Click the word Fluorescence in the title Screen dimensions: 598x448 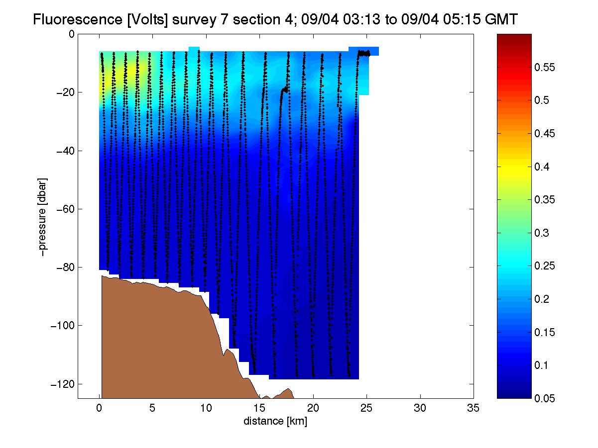(78, 19)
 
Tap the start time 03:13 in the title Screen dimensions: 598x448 (361, 19)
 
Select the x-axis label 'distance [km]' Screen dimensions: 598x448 (275, 421)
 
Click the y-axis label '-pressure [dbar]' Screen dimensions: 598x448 (42, 217)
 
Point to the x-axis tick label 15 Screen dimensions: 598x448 (259, 408)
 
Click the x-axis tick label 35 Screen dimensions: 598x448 (473, 408)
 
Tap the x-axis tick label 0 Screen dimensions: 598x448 (99, 408)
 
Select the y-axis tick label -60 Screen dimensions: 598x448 (65, 209)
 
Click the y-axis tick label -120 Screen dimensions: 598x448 (63, 384)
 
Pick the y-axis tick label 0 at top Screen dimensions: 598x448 (72, 34)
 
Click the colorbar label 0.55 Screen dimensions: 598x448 (545, 67)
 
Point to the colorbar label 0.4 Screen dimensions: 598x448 (542, 167)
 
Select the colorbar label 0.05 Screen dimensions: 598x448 (545, 398)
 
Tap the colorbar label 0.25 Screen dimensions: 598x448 (545, 266)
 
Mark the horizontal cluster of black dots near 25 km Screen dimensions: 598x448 (364, 53)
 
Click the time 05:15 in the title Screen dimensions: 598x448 (462, 19)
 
